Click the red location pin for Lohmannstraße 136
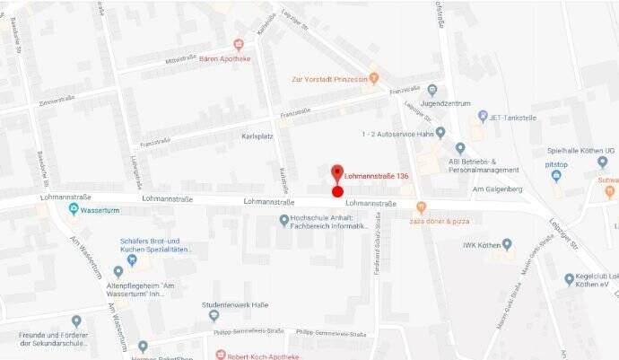337,173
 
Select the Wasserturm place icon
74,210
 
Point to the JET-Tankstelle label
512,116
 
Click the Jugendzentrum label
447,103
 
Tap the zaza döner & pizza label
440,219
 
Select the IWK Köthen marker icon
507,244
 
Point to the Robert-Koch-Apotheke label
265,355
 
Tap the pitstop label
556,165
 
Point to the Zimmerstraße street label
55,101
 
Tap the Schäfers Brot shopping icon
133,261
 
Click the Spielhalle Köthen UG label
581,151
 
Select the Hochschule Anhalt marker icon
284,220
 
